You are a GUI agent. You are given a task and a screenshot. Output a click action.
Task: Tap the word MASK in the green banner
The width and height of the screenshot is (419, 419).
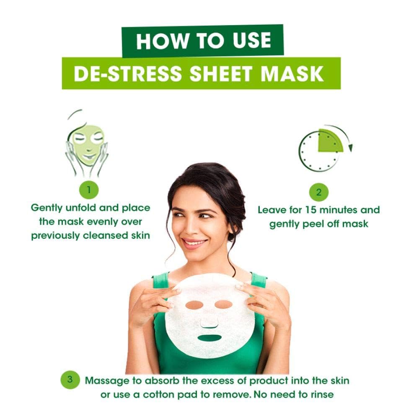tap(292, 73)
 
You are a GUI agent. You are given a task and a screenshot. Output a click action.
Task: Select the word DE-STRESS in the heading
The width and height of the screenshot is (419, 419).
tap(128, 73)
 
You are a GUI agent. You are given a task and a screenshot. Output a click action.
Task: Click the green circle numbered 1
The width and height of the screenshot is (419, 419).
tap(89, 190)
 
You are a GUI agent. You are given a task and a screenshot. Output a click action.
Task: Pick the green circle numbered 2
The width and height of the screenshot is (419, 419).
tap(318, 192)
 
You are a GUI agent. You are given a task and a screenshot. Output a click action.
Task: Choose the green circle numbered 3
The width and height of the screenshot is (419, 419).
tap(70, 380)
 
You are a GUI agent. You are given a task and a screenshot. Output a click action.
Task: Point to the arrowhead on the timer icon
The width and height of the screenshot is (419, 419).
tap(350, 148)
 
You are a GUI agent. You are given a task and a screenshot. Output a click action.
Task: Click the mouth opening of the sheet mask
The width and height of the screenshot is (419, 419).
tap(210, 338)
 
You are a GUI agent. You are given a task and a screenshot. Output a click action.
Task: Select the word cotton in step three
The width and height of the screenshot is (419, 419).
tap(158, 394)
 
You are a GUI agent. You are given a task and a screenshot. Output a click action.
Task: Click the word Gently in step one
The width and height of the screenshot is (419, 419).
tap(47, 208)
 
